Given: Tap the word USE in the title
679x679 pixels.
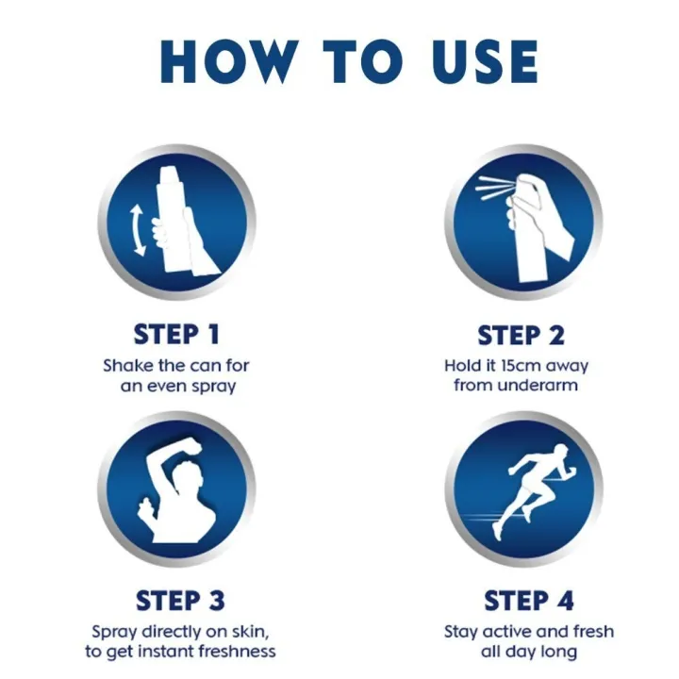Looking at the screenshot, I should click(x=475, y=61).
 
